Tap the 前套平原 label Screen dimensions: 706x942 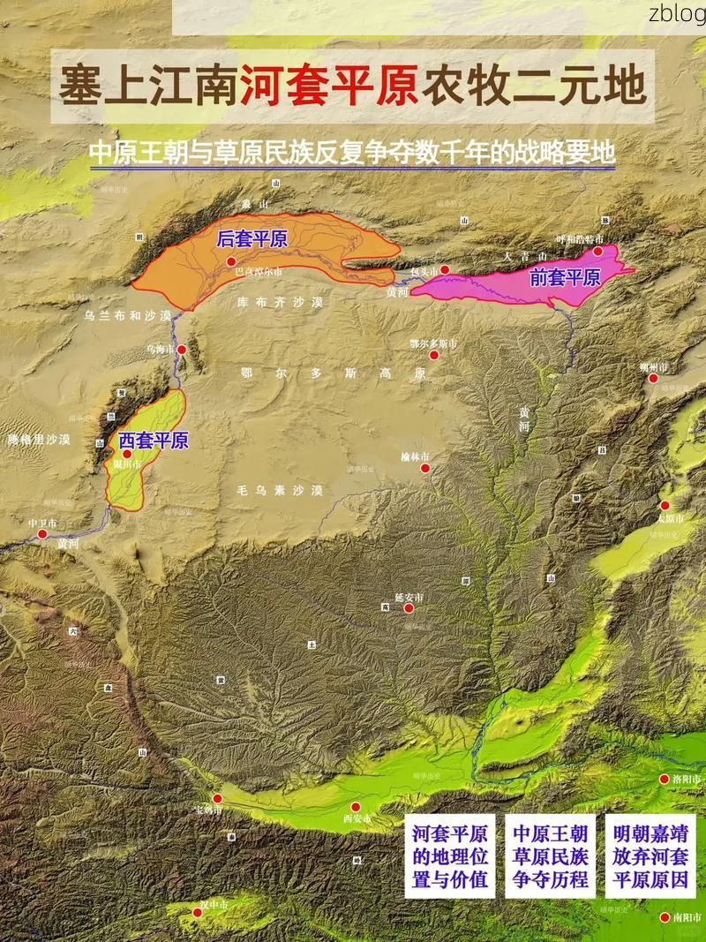tap(565, 277)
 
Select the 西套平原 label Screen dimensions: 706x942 tap(154, 440)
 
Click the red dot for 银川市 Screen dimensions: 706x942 tap(127, 453)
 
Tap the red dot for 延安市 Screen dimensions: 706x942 tap(409, 607)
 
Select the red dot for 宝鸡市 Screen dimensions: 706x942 tap(217, 798)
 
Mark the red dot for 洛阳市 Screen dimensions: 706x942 tap(665, 779)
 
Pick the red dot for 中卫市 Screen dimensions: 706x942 tap(41, 533)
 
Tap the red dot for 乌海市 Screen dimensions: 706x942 tap(182, 350)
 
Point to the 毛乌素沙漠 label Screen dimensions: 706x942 tap(281, 490)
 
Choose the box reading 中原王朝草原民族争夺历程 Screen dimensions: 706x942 tap(551, 856)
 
